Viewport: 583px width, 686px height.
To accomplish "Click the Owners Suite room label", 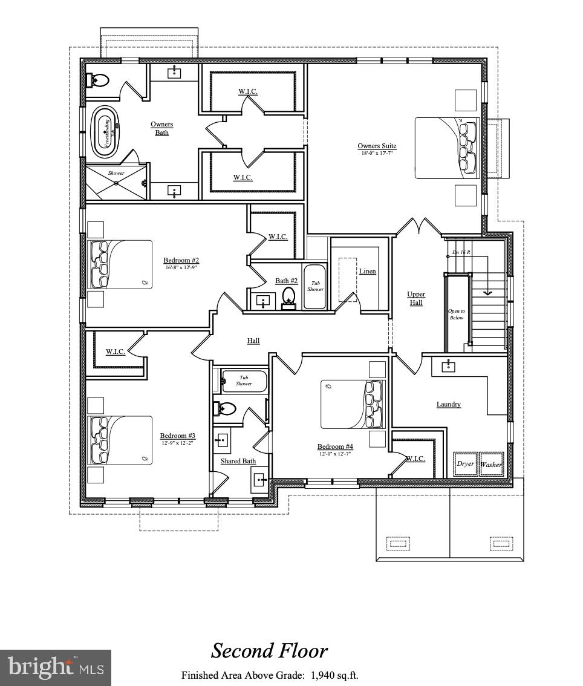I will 377,146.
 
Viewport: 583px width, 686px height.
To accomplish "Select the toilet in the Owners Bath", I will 98,79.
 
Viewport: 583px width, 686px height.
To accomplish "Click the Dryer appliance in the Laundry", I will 465,463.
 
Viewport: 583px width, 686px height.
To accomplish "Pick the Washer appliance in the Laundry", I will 490,464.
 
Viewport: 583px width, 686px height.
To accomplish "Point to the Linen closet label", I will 367,271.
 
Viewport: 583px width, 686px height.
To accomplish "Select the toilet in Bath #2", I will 289,297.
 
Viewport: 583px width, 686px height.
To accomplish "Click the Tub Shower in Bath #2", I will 315,286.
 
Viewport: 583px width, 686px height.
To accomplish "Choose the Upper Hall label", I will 416,298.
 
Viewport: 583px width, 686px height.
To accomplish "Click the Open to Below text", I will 456,314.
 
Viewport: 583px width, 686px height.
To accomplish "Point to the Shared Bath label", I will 238,461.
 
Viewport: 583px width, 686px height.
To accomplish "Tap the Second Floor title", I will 269,651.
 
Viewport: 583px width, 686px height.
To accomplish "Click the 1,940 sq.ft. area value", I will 334,675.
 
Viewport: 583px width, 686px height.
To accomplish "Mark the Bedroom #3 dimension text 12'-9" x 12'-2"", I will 178,443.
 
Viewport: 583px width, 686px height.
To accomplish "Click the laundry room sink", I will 448,365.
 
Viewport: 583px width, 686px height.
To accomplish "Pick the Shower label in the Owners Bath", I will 116,173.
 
